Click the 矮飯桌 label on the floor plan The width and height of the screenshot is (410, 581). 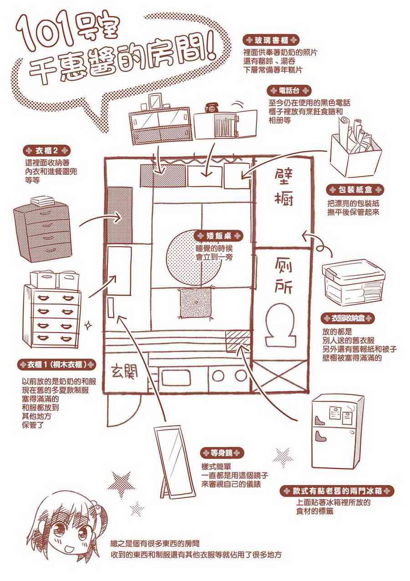(x=218, y=236)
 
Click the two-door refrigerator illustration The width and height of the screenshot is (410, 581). (x=337, y=431)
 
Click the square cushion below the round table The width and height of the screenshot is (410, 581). (x=195, y=303)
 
